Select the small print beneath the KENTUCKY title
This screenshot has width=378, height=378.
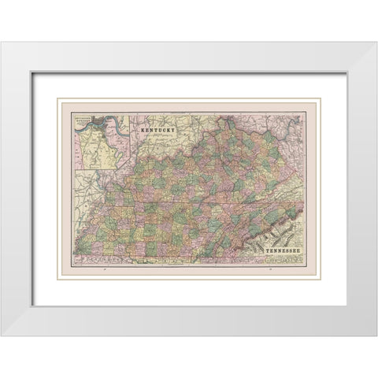(x=156, y=135)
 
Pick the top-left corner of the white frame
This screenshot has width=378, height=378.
(x=2, y=42)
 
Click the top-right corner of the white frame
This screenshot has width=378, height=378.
(x=376, y=42)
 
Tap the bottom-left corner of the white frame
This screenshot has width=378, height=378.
(x=2, y=336)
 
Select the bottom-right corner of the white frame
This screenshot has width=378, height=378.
(x=376, y=336)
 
